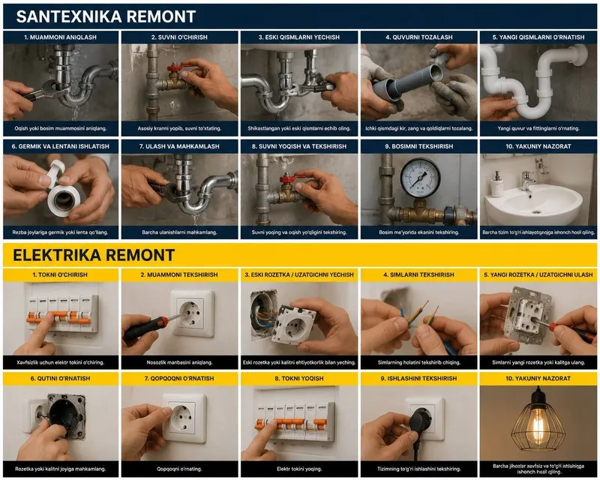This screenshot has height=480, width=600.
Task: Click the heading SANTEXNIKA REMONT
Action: (x=106, y=16)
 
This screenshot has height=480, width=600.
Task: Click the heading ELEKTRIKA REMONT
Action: (x=94, y=255)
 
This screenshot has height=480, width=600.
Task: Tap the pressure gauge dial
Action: (x=420, y=178)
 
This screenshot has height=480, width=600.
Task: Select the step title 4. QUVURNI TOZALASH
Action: (x=419, y=37)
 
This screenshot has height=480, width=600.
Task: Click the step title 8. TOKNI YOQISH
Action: (x=298, y=379)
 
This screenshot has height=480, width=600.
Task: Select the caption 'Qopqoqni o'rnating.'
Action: (x=179, y=469)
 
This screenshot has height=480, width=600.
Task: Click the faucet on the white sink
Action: (x=527, y=180)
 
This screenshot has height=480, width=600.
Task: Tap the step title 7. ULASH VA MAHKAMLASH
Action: (x=179, y=146)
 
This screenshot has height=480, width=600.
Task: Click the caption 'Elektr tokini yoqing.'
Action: (x=299, y=469)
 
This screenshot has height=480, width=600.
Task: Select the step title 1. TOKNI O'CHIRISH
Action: (x=60, y=274)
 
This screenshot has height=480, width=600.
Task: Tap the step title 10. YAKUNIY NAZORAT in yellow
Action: (x=538, y=379)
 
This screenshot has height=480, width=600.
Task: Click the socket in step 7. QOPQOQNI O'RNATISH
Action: (x=184, y=417)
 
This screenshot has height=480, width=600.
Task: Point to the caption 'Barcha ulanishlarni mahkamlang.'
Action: (x=179, y=232)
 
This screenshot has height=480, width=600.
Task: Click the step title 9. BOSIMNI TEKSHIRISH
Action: (x=419, y=146)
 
